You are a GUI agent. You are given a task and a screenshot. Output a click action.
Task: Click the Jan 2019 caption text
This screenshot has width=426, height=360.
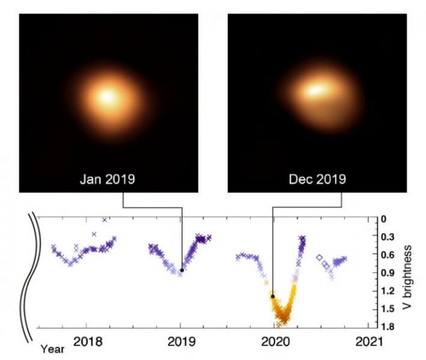(108, 179)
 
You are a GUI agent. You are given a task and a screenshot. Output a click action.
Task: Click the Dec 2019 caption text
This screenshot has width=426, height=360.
(317, 179)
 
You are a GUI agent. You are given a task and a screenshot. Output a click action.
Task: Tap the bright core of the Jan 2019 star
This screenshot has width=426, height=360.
(108, 97)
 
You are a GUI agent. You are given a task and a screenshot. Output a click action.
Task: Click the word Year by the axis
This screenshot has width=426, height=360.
(53, 350)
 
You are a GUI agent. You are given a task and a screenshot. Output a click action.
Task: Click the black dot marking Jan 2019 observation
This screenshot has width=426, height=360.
(182, 270)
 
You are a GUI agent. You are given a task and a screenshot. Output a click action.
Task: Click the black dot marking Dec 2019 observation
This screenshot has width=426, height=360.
(273, 296)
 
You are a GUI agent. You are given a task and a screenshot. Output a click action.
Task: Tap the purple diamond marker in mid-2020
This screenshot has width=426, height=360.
(319, 257)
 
